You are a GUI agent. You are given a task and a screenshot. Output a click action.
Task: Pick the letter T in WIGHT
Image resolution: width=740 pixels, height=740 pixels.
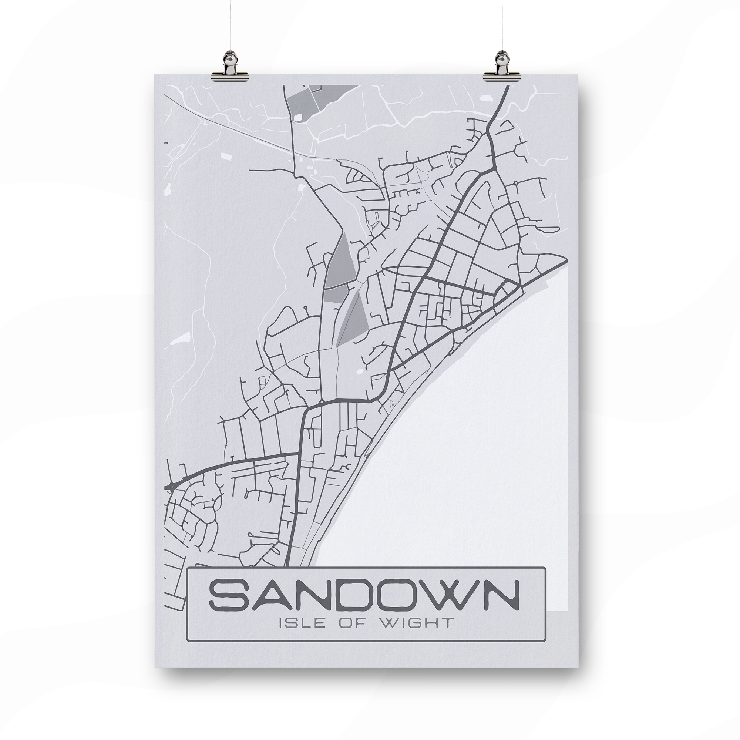447,633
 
